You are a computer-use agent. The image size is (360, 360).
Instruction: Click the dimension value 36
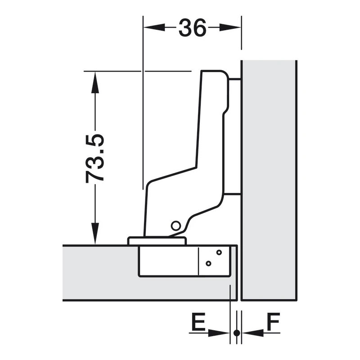193,27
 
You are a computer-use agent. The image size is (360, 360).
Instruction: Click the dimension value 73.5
95,159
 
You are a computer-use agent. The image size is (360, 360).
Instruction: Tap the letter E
198,321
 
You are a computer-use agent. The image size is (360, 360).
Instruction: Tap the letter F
274,321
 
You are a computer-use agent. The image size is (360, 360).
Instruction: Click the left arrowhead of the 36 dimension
154,27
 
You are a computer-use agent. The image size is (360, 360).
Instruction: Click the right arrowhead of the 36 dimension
230,27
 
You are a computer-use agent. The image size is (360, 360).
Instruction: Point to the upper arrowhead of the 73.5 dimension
95,82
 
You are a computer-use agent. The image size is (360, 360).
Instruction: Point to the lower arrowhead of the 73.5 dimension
95,234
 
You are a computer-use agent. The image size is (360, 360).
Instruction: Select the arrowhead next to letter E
219,333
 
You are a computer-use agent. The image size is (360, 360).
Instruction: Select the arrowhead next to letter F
253,333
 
